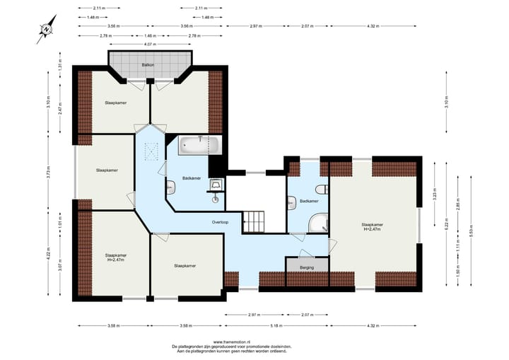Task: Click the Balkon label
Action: tap(148, 64)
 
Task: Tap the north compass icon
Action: tap(47, 29)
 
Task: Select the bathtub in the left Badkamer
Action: tap(201, 145)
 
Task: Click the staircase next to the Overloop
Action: tap(253, 221)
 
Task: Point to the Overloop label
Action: tap(219, 222)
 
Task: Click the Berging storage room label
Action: tap(307, 268)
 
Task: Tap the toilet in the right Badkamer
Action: tap(322, 189)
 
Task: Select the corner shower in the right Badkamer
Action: tap(319, 223)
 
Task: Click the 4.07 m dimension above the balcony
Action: tap(149, 45)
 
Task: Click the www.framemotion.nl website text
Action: tap(231, 341)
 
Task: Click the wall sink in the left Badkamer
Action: tap(172, 187)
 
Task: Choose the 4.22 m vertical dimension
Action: tap(49, 252)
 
